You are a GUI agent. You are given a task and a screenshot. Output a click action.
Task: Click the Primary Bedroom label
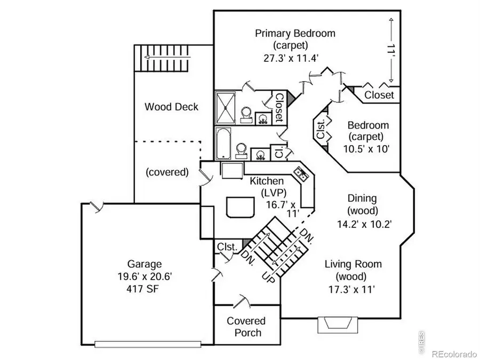(x=295, y=34)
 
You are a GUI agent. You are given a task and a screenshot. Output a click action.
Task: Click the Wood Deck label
(x=171, y=107)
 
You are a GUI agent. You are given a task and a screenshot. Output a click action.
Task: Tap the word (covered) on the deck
(x=167, y=172)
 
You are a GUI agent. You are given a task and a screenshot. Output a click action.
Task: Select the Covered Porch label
(x=246, y=326)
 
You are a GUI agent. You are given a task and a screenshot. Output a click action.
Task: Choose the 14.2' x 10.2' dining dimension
(x=365, y=224)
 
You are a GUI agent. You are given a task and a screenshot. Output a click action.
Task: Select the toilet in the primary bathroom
(x=246, y=115)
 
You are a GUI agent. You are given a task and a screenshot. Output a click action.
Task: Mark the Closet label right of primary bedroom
(x=379, y=95)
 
